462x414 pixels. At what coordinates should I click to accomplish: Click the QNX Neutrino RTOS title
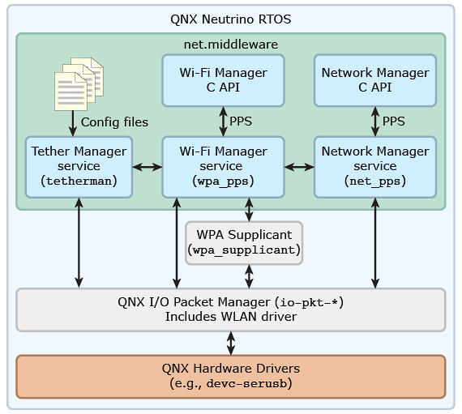(x=231, y=19)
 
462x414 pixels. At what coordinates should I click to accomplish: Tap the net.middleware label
(x=231, y=45)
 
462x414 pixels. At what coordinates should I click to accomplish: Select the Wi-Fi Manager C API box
(x=223, y=80)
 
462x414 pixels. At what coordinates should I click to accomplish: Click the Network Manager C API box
(x=375, y=80)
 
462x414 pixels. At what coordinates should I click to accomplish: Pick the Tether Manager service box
(x=79, y=167)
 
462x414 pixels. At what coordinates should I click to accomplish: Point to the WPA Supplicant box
(x=244, y=243)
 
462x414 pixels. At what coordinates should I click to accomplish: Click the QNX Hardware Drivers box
(x=231, y=377)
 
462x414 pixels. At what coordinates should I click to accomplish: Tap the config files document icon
(x=79, y=84)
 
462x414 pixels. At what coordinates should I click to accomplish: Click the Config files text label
(x=114, y=122)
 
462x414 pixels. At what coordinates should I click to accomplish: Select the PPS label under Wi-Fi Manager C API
(x=241, y=122)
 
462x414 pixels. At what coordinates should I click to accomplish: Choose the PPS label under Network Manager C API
(x=394, y=122)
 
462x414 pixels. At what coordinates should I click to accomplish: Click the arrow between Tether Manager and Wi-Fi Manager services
(x=148, y=167)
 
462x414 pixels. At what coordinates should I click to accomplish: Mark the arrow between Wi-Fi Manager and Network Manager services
(x=299, y=167)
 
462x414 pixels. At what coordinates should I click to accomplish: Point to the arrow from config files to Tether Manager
(x=73, y=124)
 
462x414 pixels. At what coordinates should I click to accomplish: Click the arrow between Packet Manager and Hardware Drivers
(x=231, y=344)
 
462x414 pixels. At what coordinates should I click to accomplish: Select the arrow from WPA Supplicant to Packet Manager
(x=249, y=276)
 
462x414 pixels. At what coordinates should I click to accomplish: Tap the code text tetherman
(x=79, y=181)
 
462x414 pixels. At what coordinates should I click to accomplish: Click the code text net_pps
(x=375, y=181)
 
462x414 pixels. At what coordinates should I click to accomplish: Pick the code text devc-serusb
(x=246, y=383)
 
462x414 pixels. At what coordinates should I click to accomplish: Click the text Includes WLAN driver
(x=231, y=317)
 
